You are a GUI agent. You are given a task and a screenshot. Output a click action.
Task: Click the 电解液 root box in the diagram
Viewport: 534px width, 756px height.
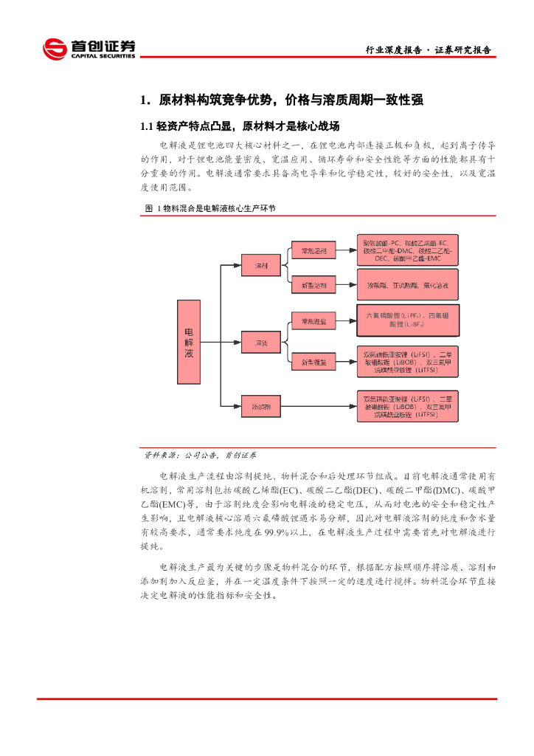coord(189,342)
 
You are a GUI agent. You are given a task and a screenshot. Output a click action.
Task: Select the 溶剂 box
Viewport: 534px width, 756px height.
coord(261,264)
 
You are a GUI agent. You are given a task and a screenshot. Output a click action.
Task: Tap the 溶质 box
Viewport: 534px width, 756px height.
coord(261,342)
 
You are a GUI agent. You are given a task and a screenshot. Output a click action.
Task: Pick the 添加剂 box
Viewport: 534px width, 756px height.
coord(261,406)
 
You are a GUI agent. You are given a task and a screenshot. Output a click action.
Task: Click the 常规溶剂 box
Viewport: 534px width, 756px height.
coord(313,251)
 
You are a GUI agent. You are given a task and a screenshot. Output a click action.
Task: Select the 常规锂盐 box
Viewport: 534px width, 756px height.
coord(313,321)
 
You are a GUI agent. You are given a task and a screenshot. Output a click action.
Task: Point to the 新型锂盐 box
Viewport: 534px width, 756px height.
coord(313,362)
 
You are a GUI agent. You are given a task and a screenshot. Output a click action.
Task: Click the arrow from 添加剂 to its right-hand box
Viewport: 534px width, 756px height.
coord(317,406)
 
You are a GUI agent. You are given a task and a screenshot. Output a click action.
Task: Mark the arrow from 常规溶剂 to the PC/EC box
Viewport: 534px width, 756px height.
coord(347,251)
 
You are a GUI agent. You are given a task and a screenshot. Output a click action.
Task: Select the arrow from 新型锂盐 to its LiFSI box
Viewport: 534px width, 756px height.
coord(347,362)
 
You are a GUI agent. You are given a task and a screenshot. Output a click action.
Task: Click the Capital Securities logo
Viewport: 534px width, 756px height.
coord(89,49)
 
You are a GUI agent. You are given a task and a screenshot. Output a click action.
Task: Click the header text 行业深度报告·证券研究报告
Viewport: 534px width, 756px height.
coord(429,50)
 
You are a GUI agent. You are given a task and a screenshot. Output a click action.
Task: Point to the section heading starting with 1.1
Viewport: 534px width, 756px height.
coord(240,126)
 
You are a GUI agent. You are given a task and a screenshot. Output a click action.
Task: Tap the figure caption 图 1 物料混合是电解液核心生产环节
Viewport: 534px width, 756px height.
coord(209,210)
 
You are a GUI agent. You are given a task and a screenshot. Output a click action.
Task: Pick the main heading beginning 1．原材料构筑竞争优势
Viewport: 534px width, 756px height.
coord(282,100)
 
